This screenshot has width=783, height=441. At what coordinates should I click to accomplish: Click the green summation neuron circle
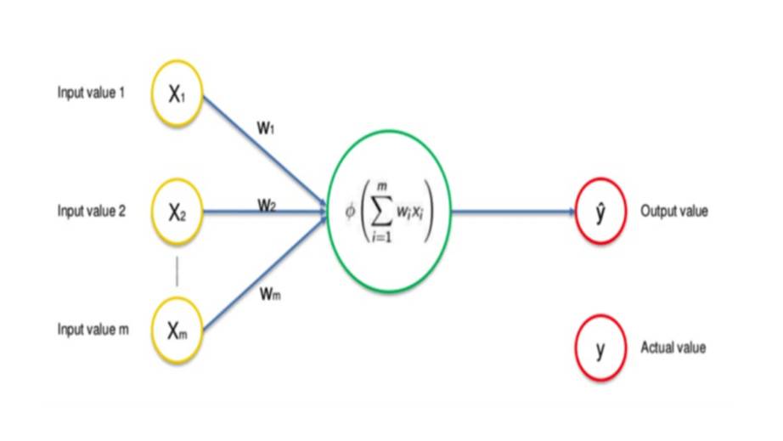[x=389, y=212]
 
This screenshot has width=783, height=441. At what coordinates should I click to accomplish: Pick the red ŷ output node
[x=600, y=212]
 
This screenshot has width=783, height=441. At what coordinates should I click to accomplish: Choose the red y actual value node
[x=600, y=348]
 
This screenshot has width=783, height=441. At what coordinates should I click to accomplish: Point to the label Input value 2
[x=92, y=212]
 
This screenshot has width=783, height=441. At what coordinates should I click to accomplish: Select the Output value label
[x=674, y=212]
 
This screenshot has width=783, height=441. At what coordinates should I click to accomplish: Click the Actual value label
[x=673, y=348]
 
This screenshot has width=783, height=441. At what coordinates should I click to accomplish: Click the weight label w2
[x=267, y=205]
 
